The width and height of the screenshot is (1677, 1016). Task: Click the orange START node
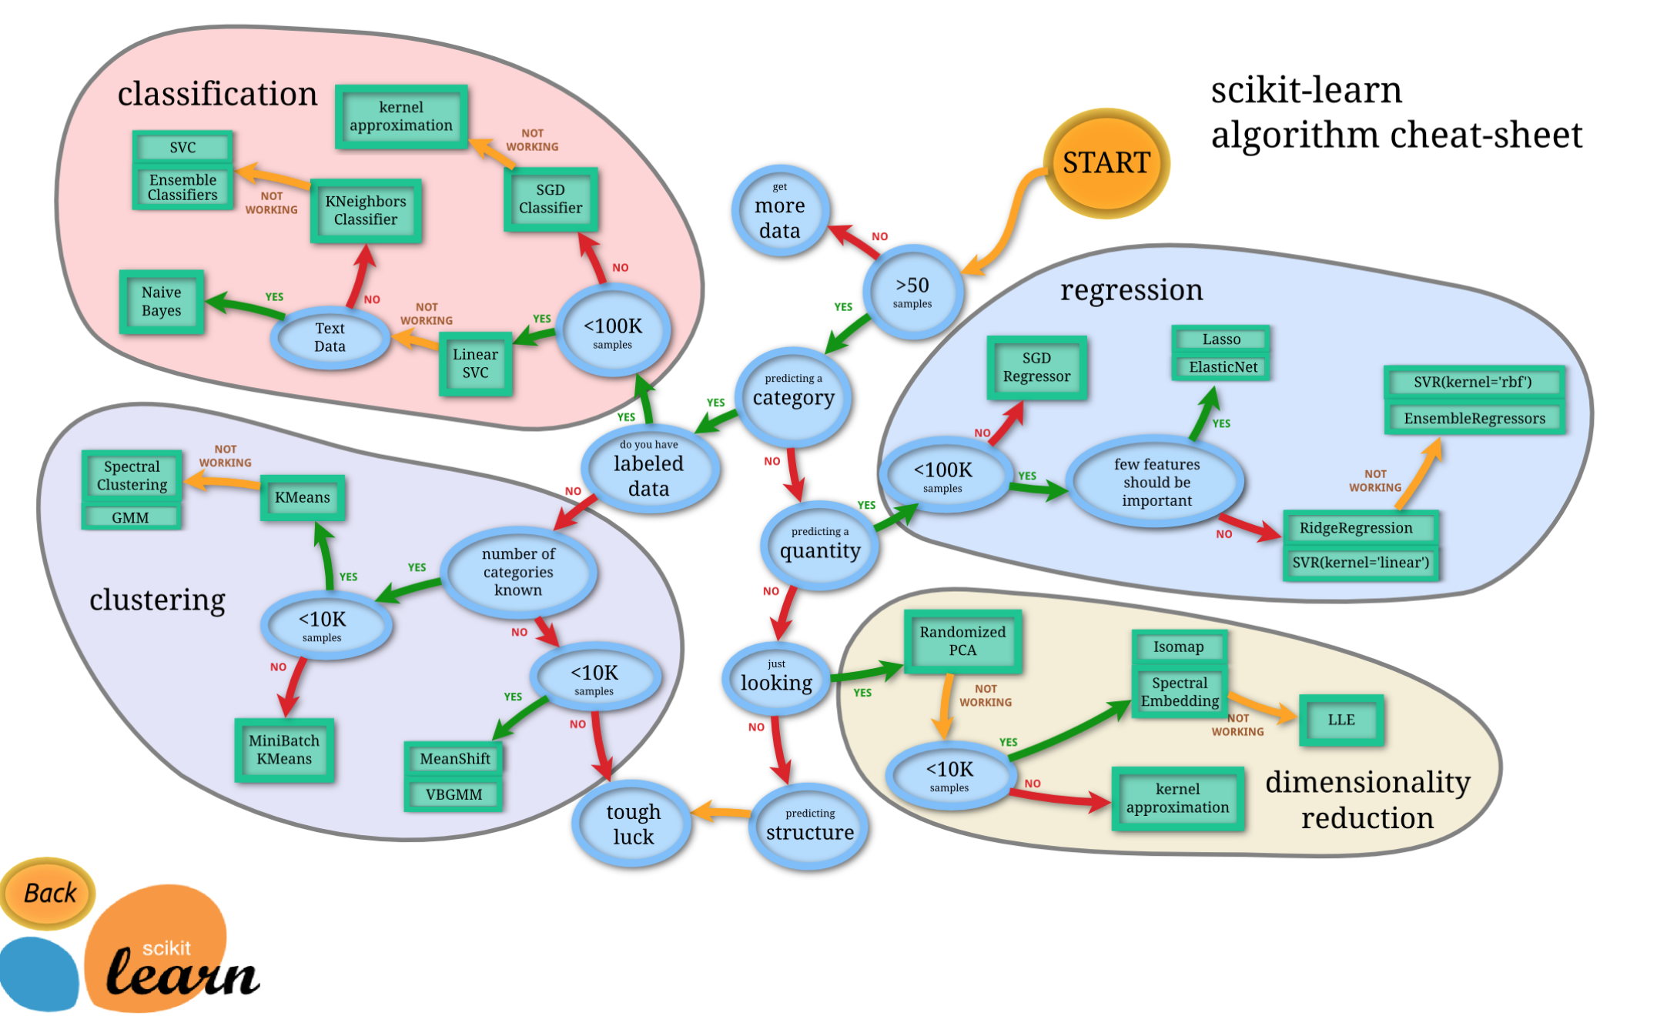tap(1106, 163)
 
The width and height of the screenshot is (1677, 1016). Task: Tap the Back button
tap(49, 893)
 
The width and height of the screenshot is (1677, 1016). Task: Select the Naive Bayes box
tap(162, 302)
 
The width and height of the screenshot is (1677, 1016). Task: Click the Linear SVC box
tap(475, 363)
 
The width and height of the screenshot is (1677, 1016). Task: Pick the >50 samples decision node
tap(912, 292)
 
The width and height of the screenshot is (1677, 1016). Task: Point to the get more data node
tap(779, 212)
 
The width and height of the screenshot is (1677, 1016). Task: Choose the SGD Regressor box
tap(1036, 367)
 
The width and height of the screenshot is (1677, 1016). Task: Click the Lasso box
tap(1220, 339)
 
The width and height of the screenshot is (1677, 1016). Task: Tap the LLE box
tap(1341, 720)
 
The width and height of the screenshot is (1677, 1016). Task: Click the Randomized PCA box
tap(962, 641)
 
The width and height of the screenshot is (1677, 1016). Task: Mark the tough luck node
tap(633, 824)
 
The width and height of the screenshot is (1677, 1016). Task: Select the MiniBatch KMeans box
tap(284, 750)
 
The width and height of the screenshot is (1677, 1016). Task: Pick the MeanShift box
tap(454, 759)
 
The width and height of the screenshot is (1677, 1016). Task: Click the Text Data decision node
tap(330, 337)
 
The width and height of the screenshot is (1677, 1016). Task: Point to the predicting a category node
tap(793, 394)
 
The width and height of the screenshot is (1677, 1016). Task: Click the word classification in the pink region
tap(217, 94)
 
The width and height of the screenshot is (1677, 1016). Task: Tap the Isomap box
tap(1178, 647)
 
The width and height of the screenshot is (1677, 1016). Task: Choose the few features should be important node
tap(1156, 483)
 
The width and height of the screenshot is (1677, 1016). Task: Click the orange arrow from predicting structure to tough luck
tap(721, 812)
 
